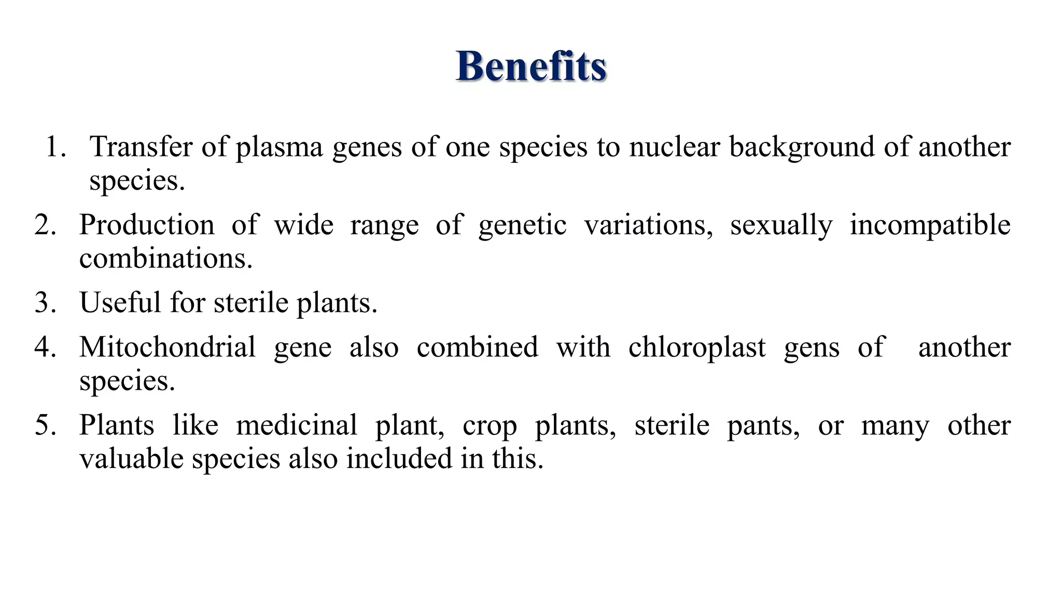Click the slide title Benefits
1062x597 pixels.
[531, 67]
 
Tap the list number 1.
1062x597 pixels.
[55, 147]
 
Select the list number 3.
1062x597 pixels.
[45, 303]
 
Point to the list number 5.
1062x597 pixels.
[45, 425]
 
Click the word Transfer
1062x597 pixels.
[141, 147]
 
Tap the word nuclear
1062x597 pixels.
[675, 147]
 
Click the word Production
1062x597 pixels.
[147, 225]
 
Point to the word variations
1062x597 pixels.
[648, 225]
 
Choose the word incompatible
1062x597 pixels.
[930, 225]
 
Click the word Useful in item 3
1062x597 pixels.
[120, 303]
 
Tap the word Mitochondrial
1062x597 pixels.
[167, 347]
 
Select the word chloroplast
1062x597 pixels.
[697, 347]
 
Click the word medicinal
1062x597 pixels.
[297, 425]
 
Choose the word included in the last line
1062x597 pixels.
[399, 459]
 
